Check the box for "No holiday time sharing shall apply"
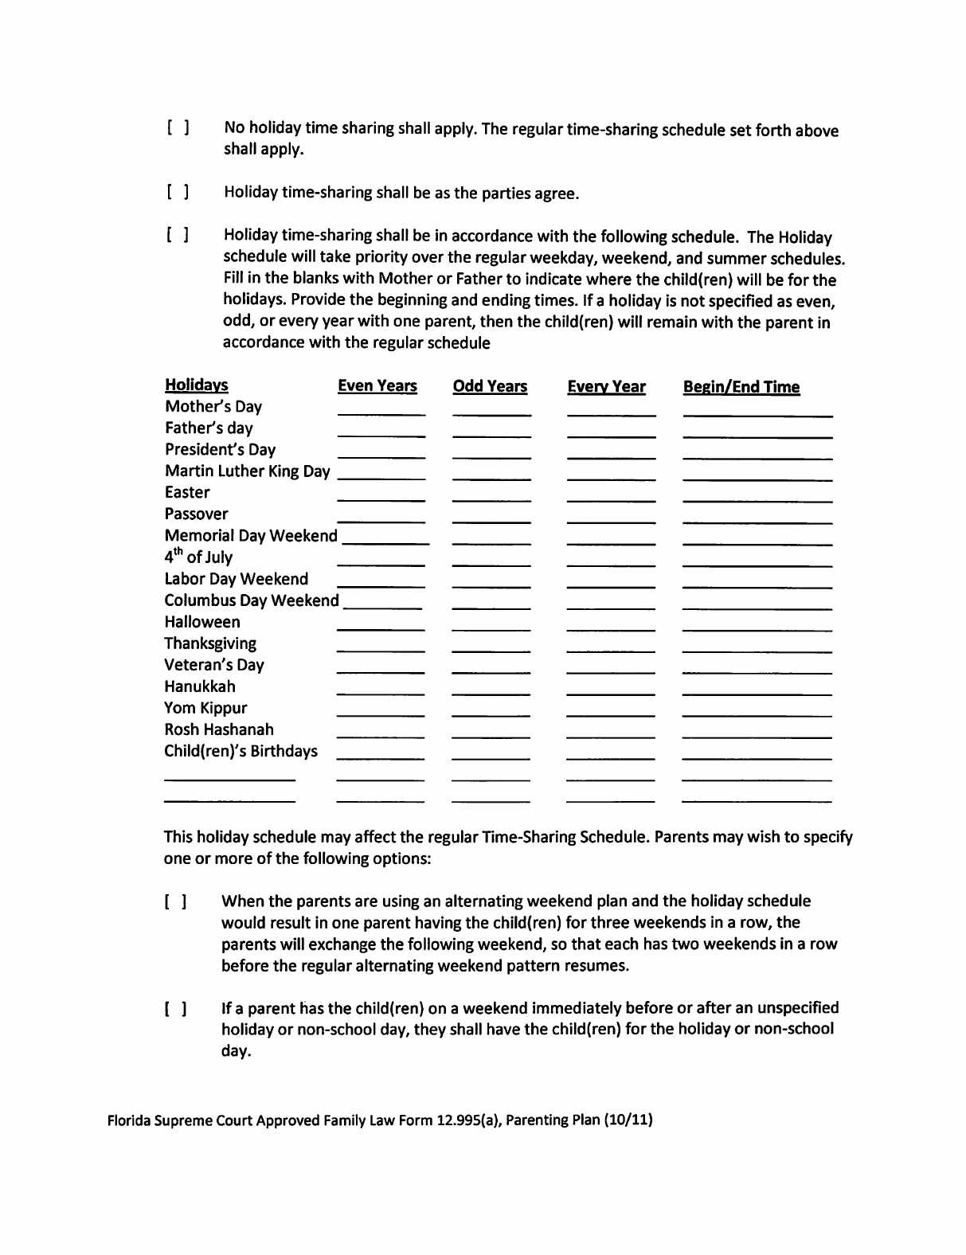click(x=178, y=128)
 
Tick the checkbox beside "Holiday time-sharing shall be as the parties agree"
click(x=178, y=193)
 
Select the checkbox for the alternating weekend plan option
click(x=176, y=902)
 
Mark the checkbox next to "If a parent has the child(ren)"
click(x=176, y=1009)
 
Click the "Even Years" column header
click(x=377, y=386)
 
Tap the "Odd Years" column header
click(x=490, y=386)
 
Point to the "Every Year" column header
click(x=606, y=387)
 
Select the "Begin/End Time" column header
click(x=741, y=387)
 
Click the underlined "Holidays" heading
click(x=196, y=385)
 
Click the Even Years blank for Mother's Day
click(x=381, y=409)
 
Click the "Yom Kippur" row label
click(x=205, y=708)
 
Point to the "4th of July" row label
click(x=198, y=557)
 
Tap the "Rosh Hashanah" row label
click(x=219, y=729)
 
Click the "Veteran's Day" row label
click(x=214, y=665)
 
